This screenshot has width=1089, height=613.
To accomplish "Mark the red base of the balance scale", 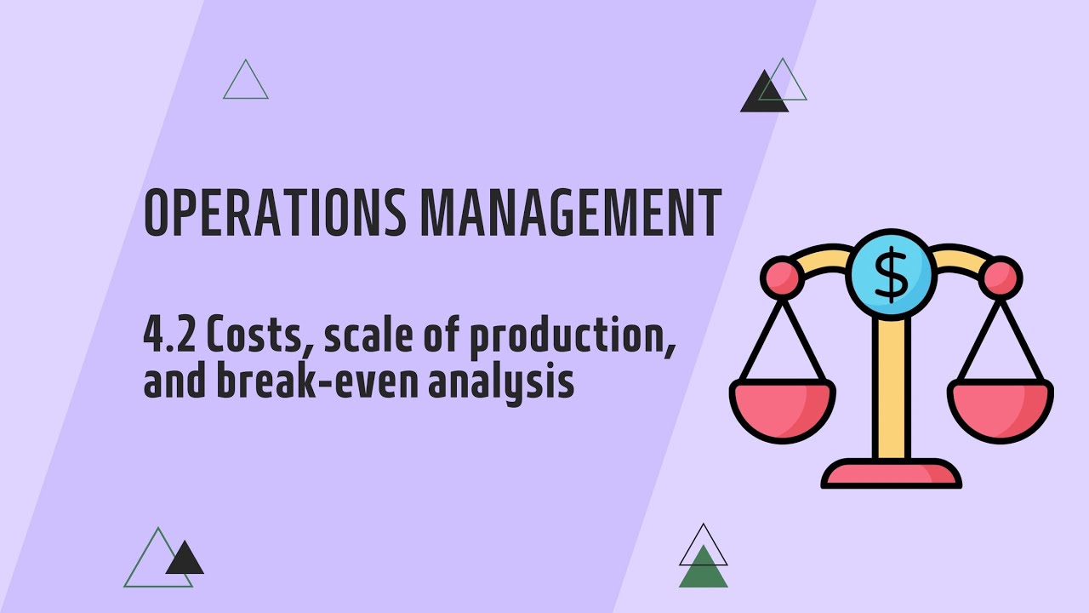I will pos(892,474).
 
